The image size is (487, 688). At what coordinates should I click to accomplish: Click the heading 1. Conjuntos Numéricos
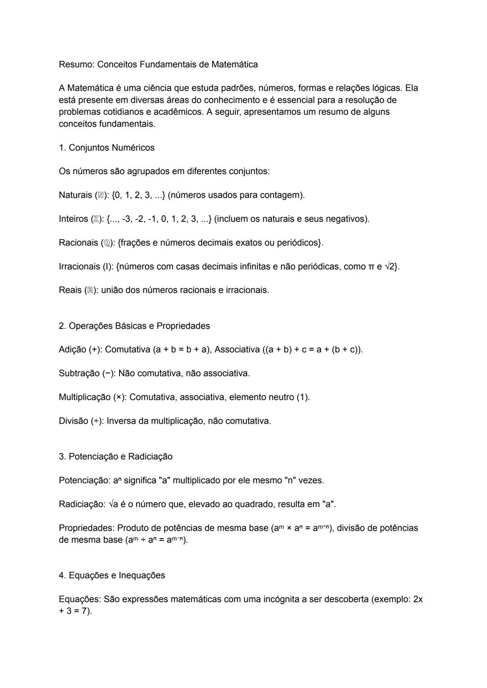point(106,148)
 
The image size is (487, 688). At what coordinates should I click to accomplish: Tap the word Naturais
point(75,195)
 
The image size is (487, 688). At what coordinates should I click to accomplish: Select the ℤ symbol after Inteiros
point(96,219)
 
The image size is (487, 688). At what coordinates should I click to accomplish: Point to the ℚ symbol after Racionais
point(106,243)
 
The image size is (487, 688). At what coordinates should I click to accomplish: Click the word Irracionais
point(79,267)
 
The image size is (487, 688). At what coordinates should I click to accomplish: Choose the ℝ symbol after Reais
point(90,291)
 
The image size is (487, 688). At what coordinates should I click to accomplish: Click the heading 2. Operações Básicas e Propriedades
point(134,326)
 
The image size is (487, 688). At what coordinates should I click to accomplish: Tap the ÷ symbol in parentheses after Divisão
point(96,421)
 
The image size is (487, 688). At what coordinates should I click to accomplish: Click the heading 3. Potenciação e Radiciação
point(115,457)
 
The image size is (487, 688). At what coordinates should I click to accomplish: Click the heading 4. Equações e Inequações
point(112,576)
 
